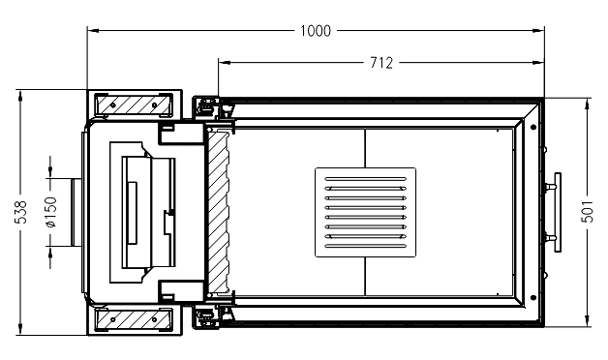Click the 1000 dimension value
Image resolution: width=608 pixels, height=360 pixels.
(316, 31)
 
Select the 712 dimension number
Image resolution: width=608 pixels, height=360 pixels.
(381, 63)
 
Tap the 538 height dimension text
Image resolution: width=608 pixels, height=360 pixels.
(21, 212)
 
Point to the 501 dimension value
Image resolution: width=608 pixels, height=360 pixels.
(587, 211)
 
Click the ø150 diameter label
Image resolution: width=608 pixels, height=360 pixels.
(51, 212)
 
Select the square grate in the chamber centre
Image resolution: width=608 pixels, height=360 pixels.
(365, 212)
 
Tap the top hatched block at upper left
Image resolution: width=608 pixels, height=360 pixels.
(134, 105)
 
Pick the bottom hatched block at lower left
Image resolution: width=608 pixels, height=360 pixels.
(134, 319)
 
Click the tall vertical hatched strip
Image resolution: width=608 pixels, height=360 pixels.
(219, 212)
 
